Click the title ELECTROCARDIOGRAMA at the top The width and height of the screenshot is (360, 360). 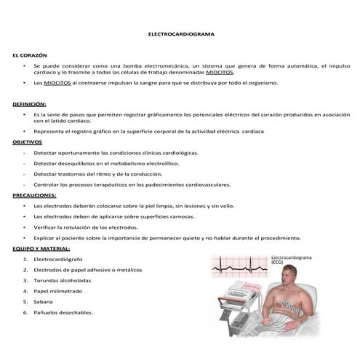pos(180,34)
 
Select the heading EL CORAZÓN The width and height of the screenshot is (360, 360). pos(30,55)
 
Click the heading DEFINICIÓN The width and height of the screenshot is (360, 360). pos(30,105)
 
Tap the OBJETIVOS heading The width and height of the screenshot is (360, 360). pos(28,143)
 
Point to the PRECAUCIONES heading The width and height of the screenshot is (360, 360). pos(35,196)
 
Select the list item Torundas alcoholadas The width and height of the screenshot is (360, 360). pos(64,280)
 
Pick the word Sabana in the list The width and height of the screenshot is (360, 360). pos(43,301)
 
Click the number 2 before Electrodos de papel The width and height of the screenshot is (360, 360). pos(25,270)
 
